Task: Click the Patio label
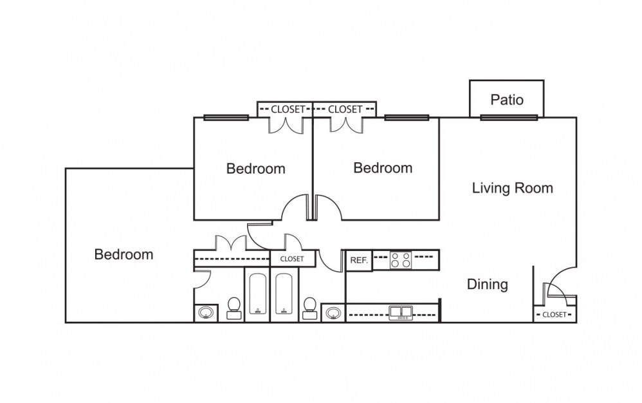(x=507, y=100)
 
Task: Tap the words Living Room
(x=512, y=188)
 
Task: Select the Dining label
(x=487, y=284)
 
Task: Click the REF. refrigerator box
(x=359, y=261)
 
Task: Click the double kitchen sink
(x=403, y=313)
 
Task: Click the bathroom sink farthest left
(x=206, y=313)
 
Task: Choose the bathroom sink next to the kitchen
(x=333, y=313)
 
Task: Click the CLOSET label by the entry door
(x=554, y=315)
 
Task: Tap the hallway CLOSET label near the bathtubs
(x=292, y=259)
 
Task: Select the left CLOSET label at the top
(x=287, y=109)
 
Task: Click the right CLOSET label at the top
(x=345, y=109)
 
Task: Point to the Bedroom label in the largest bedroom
(x=124, y=254)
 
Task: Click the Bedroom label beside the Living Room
(x=383, y=168)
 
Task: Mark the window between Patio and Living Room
(x=508, y=117)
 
